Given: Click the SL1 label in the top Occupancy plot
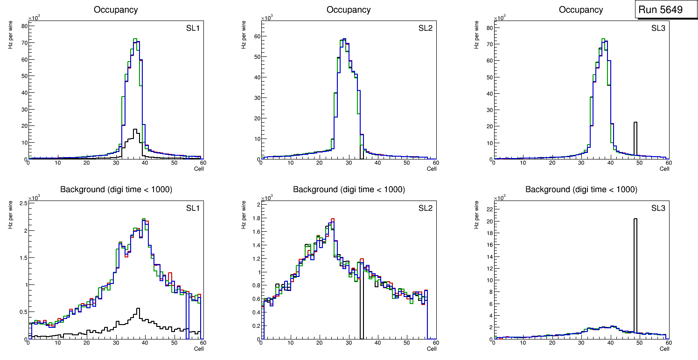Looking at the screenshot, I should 193,28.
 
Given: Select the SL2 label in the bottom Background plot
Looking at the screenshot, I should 426,208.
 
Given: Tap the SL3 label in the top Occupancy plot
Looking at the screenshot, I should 658,28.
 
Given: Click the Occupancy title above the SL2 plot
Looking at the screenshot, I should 349,10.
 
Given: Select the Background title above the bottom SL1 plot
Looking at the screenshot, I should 116,189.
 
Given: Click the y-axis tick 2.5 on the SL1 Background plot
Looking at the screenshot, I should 21,203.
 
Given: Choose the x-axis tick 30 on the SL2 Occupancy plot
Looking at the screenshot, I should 348,163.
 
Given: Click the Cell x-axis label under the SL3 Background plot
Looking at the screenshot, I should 664,348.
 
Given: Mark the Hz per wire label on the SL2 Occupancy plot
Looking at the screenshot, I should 244,37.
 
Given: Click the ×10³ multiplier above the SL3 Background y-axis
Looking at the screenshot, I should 500,198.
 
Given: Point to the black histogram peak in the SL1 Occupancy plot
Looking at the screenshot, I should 135,130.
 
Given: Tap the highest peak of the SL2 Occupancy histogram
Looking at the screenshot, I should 344,39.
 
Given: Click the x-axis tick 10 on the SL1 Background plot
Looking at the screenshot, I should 57,343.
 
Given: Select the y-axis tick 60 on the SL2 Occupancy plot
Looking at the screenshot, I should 256,36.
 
